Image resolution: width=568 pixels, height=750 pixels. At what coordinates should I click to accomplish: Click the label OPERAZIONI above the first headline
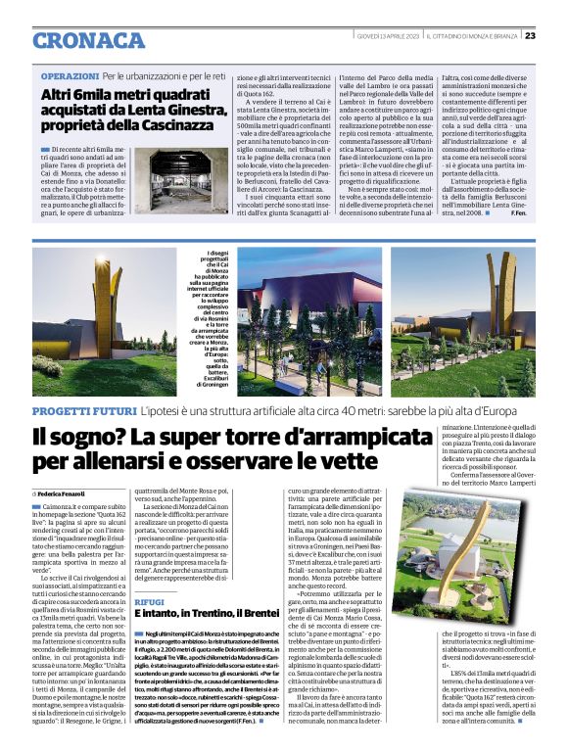tap(70, 75)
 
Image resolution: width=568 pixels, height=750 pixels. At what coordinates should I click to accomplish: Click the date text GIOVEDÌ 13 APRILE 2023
tap(391, 36)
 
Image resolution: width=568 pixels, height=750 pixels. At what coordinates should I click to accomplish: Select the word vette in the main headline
tap(347, 457)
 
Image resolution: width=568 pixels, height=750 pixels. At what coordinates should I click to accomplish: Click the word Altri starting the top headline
tap(60, 95)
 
